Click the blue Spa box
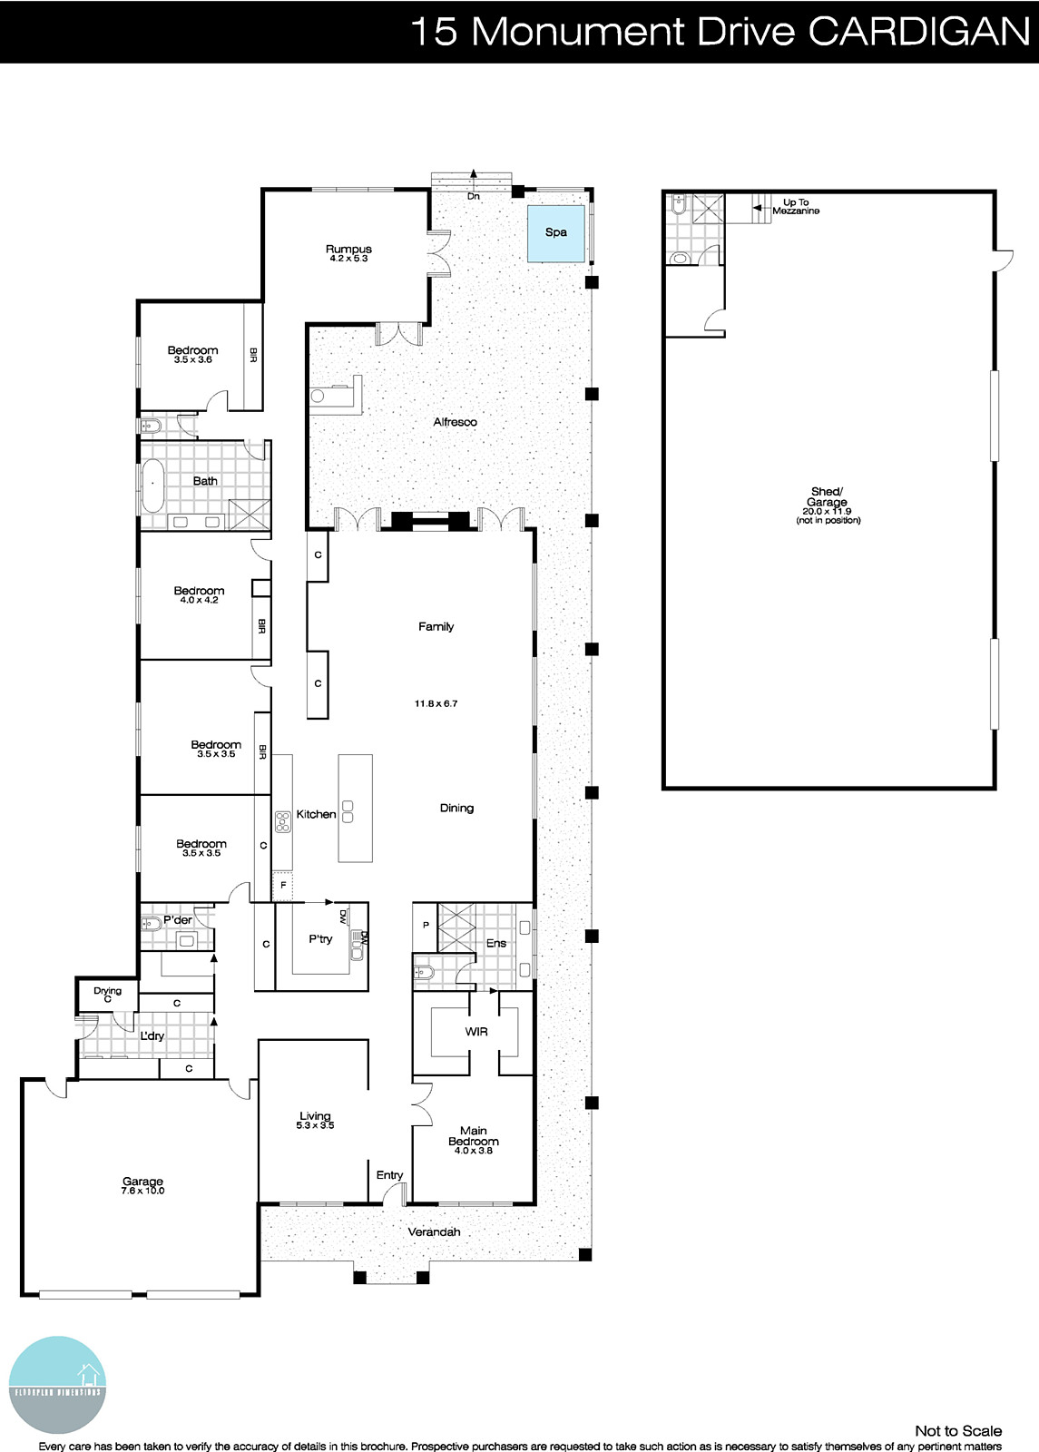[x=556, y=232]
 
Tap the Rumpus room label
[x=348, y=250]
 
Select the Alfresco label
[x=455, y=422]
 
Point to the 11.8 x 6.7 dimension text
[x=436, y=703]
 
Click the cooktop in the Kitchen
[x=282, y=821]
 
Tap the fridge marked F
[x=284, y=885]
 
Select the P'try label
[x=320, y=939]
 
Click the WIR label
[x=475, y=1032]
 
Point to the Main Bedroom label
[x=473, y=1136]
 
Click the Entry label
[x=389, y=1175]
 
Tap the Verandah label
[x=434, y=1232]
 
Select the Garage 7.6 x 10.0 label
[x=143, y=1186]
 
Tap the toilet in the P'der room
[x=151, y=925]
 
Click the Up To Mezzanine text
[x=796, y=207]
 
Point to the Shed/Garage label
[x=827, y=497]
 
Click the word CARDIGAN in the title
[x=918, y=32]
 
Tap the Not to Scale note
[x=957, y=1431]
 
